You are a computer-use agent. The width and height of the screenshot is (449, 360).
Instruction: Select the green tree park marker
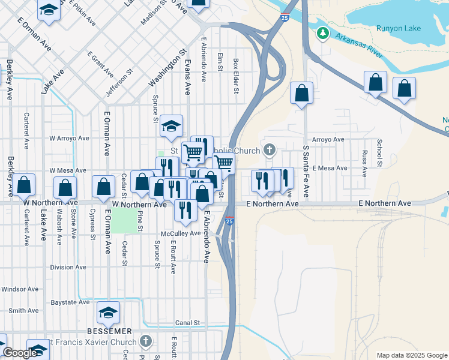(x=324, y=32)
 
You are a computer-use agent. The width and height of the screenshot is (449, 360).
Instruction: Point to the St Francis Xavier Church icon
(x=146, y=342)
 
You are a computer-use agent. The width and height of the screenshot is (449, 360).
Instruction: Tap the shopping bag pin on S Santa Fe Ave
(x=301, y=94)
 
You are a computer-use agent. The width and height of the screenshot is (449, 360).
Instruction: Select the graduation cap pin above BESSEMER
(x=108, y=313)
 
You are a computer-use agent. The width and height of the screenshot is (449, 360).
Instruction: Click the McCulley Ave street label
(x=180, y=233)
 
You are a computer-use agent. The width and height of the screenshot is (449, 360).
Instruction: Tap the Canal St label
(x=187, y=323)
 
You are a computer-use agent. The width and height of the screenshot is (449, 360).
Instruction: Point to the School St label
(x=379, y=153)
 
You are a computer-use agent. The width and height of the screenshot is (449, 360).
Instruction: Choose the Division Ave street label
(x=68, y=268)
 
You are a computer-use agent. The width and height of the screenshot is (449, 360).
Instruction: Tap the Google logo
(x=19, y=353)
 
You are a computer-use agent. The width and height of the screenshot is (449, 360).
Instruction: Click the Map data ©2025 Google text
(x=411, y=355)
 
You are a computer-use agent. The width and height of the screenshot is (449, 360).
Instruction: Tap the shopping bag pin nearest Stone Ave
(x=65, y=188)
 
